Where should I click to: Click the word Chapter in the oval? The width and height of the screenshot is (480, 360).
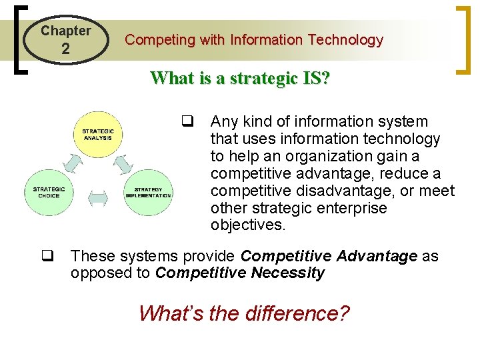65,31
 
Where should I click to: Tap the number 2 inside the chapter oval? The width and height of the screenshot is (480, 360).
65,49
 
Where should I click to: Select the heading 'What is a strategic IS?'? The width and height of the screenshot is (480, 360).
240,78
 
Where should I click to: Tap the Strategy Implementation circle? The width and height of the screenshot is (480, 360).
148,192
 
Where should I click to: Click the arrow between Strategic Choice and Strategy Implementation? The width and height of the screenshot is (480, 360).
98,197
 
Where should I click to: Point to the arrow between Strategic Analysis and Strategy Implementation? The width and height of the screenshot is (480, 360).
123,162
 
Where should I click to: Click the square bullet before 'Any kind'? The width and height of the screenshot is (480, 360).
187,122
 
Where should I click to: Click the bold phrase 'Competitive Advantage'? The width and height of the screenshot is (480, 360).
328,256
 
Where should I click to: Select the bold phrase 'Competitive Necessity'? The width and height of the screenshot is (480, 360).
240,273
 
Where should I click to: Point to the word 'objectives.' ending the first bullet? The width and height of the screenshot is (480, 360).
248,225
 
